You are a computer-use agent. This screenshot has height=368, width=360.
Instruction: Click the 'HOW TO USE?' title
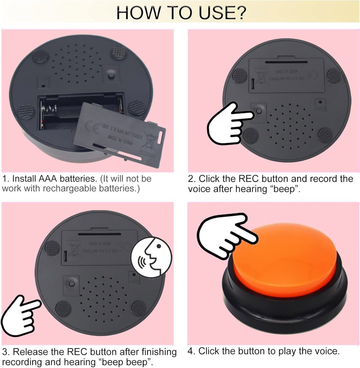[181, 13]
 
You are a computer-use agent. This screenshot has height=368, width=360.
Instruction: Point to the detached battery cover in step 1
[123, 133]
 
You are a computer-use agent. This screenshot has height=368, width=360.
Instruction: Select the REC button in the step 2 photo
[259, 110]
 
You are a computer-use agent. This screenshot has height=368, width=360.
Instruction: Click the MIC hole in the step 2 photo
[319, 103]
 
